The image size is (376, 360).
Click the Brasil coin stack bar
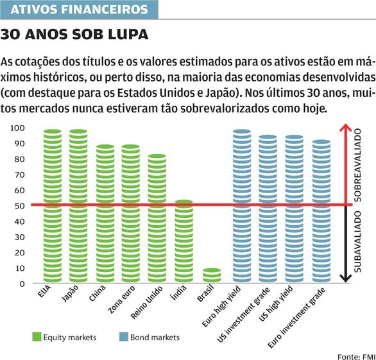pos(212,275)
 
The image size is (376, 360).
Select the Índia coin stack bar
pos(184,241)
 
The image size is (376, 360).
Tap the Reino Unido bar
pos(157,218)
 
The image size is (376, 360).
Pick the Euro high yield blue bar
pos(242,206)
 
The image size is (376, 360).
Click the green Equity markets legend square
pos(37,337)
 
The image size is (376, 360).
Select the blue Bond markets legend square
pos(124,337)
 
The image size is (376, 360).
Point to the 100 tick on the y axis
pos(17,128)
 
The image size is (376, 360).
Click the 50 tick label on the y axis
pos(19,206)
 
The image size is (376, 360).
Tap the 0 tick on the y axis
pos(22,284)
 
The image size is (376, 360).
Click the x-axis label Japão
pos(70,293)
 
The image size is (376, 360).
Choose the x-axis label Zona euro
pos(121,299)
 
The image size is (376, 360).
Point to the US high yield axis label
pos(276,304)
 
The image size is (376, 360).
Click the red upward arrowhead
pos(345,127)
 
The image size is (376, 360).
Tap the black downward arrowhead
pos(345,279)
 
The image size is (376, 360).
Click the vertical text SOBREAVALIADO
pos(357,166)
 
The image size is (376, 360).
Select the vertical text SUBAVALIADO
pos(357,241)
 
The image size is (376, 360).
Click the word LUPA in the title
pos(128,34)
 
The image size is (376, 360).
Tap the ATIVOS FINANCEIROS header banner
pos(79,10)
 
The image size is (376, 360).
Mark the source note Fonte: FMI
pos(356,357)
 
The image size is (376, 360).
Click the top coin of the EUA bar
pos(53,132)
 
